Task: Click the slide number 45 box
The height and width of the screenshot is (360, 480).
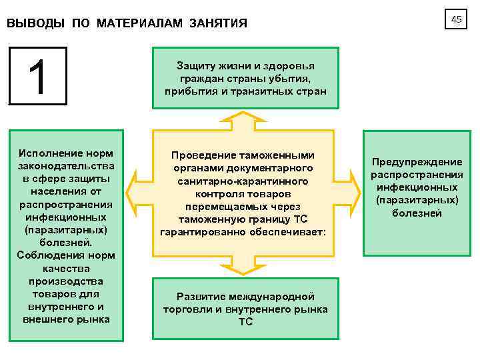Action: tap(456, 20)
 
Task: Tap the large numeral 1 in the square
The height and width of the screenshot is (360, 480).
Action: tap(37, 76)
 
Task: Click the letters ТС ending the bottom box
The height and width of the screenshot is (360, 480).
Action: tap(245, 322)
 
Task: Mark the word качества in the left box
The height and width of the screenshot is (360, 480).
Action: tap(66, 268)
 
